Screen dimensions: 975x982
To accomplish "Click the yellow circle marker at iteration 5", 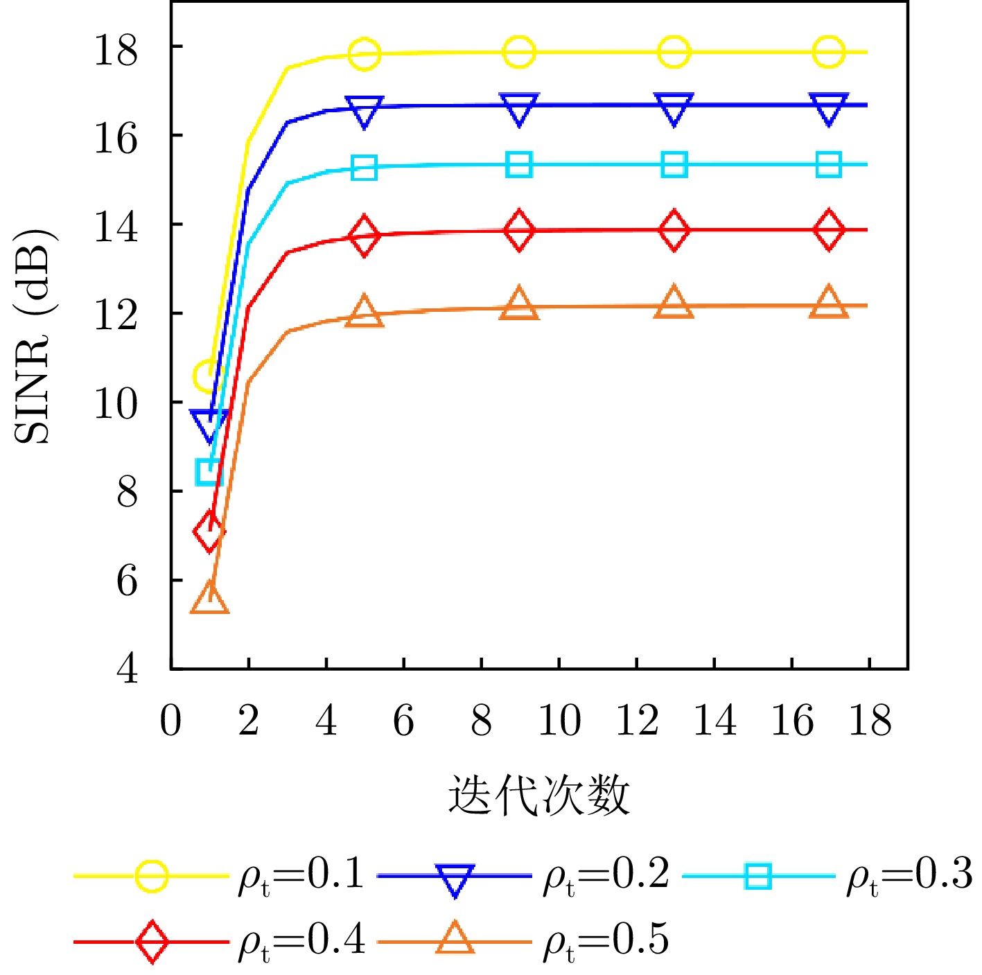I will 365,54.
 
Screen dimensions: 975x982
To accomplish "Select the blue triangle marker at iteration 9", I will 519,108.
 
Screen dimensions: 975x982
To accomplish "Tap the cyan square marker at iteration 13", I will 674,165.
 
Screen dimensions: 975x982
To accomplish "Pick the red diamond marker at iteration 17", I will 829,230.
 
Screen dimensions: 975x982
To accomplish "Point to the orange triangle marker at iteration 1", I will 209,598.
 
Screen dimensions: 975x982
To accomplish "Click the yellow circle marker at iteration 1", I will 207,376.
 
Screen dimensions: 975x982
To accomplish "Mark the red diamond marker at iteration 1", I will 209,532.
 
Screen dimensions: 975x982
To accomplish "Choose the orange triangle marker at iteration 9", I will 519,304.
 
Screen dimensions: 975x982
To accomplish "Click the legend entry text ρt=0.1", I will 300,875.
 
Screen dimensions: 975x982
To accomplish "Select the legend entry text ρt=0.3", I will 909,875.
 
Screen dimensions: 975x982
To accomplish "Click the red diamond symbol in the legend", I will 152,942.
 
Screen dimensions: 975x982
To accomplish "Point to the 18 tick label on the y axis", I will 116,51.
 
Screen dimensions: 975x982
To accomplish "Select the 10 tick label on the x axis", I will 559,721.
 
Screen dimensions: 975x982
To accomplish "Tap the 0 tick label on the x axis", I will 170,721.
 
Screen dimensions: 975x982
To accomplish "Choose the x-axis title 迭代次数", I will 538,794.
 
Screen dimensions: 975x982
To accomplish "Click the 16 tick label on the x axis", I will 791,721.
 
